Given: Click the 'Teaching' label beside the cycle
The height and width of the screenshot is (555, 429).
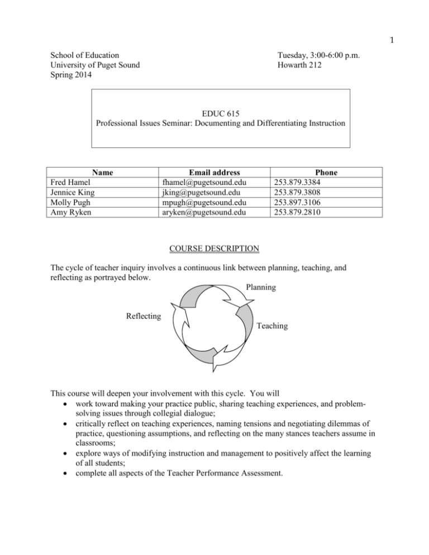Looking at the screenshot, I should click(273, 326).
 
